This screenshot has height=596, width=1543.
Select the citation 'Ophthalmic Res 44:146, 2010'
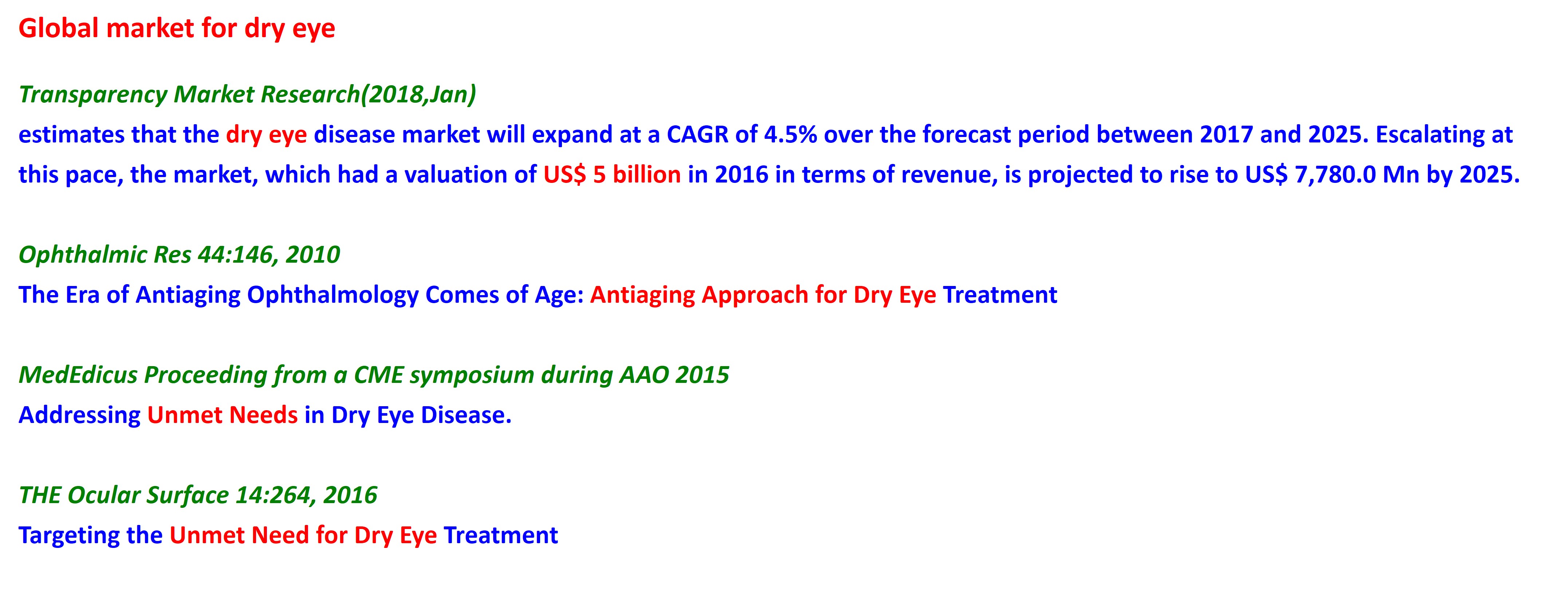pos(180,255)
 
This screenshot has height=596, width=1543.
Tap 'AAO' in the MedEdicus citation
pos(644,375)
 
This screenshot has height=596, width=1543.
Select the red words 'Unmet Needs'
pos(222,415)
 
